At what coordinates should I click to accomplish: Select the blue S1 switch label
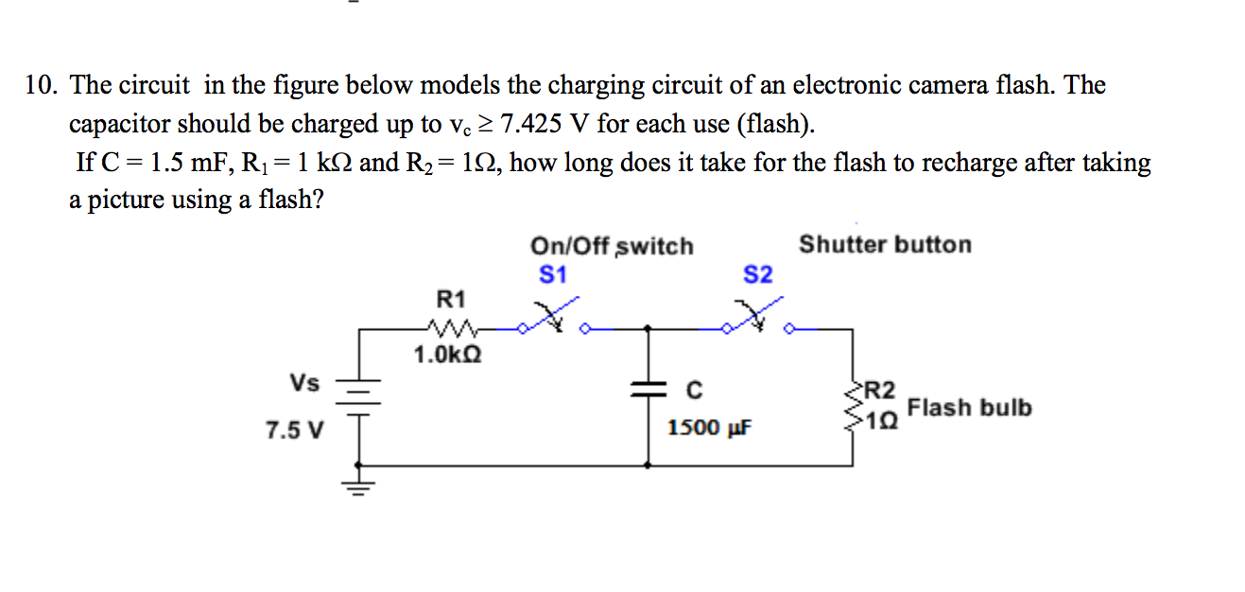[552, 275]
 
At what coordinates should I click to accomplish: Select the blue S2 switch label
[758, 275]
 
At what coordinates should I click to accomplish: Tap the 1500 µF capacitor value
[709, 428]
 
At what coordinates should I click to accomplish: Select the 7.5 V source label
[294, 431]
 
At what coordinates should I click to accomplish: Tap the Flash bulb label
[969, 409]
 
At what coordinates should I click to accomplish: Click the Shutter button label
[885, 245]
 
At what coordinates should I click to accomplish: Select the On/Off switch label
[612, 247]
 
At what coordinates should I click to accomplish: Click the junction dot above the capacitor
[647, 329]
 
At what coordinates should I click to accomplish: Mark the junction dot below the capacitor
[647, 465]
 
